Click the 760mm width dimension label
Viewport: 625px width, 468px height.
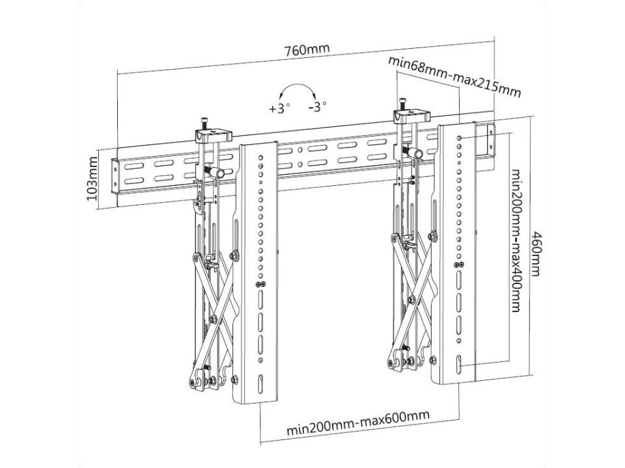coord(307,50)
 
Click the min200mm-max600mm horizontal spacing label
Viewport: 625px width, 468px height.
coord(359,431)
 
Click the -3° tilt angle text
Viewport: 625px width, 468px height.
coord(317,107)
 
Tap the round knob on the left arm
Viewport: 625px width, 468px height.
coord(219,173)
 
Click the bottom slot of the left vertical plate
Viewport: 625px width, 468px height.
coord(260,383)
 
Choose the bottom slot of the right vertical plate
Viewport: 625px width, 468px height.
coord(460,365)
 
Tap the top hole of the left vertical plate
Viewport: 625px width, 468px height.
coord(261,156)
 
